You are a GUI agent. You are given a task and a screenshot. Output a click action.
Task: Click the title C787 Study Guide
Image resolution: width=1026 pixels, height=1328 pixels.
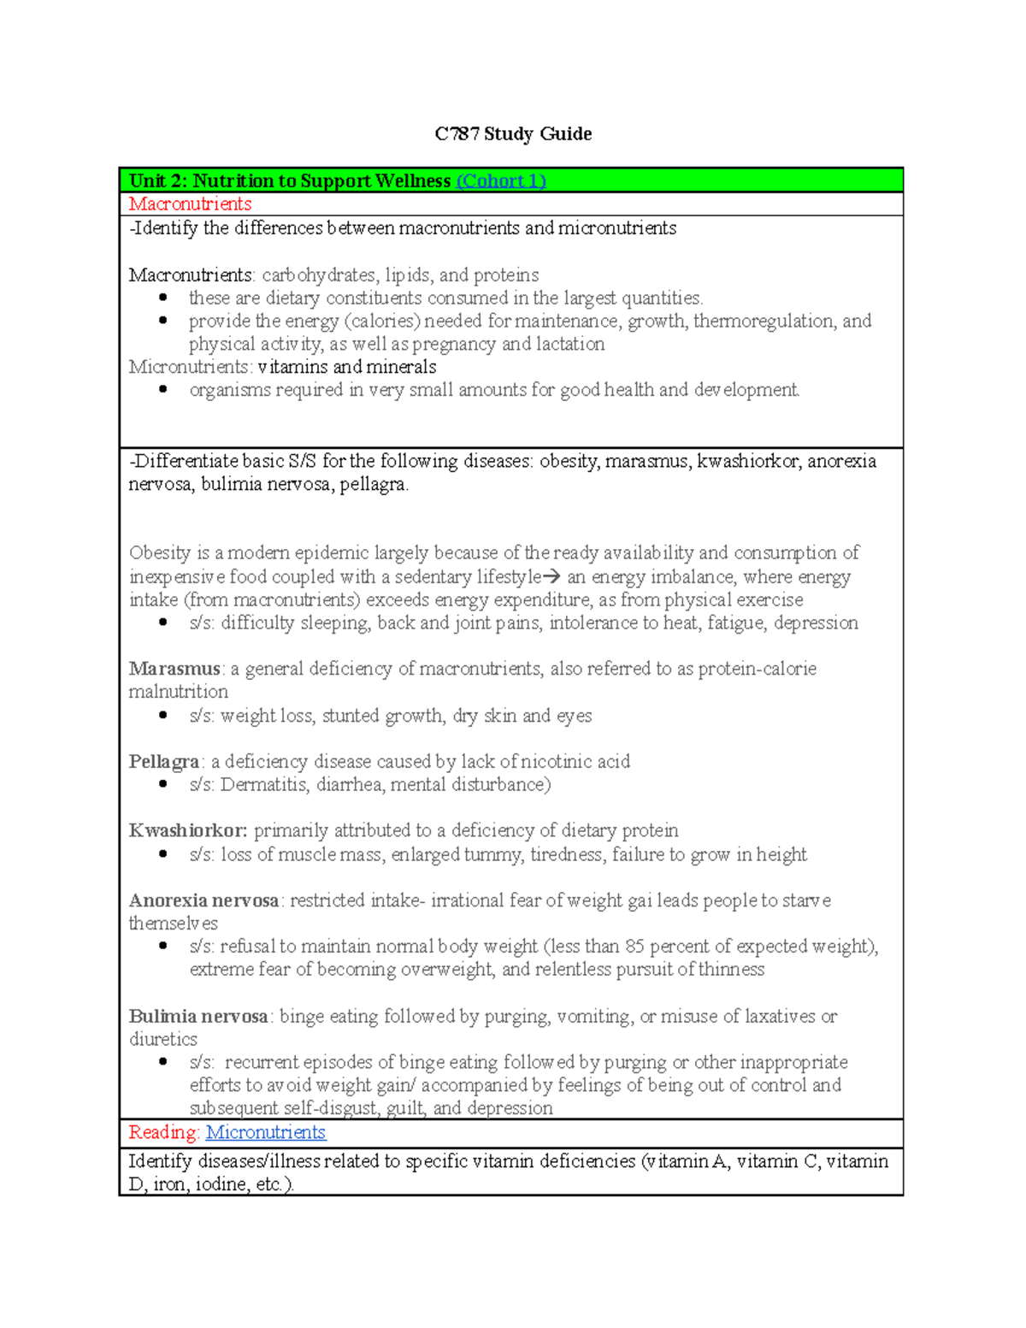pyautogui.click(x=513, y=134)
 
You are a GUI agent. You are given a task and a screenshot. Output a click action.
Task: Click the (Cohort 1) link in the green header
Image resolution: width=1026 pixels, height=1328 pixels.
pyautogui.click(x=501, y=181)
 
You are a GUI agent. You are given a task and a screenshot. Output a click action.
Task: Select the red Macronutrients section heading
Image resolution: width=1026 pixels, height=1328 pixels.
pyautogui.click(x=190, y=204)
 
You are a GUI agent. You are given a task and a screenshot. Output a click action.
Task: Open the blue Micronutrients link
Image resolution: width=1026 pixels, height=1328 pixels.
pyautogui.click(x=266, y=1132)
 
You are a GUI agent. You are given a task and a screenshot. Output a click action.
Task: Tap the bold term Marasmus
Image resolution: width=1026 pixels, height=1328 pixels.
pyautogui.click(x=174, y=669)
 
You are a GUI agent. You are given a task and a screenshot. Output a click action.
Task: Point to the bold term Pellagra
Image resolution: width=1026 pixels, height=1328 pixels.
pyautogui.click(x=164, y=762)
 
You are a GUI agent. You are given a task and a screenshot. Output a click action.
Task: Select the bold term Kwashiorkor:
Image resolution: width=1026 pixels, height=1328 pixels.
pyautogui.click(x=188, y=831)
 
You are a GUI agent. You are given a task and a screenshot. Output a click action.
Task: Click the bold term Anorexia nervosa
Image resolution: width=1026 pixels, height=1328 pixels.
pyautogui.click(x=203, y=900)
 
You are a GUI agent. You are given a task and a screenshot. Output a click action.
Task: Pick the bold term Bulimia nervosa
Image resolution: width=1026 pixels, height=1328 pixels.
pyautogui.click(x=198, y=1017)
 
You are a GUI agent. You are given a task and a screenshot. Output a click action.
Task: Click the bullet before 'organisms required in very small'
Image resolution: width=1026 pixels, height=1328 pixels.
pyautogui.click(x=162, y=390)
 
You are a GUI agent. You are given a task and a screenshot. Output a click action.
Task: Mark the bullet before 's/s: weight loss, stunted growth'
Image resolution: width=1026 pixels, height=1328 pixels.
pyautogui.click(x=162, y=716)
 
